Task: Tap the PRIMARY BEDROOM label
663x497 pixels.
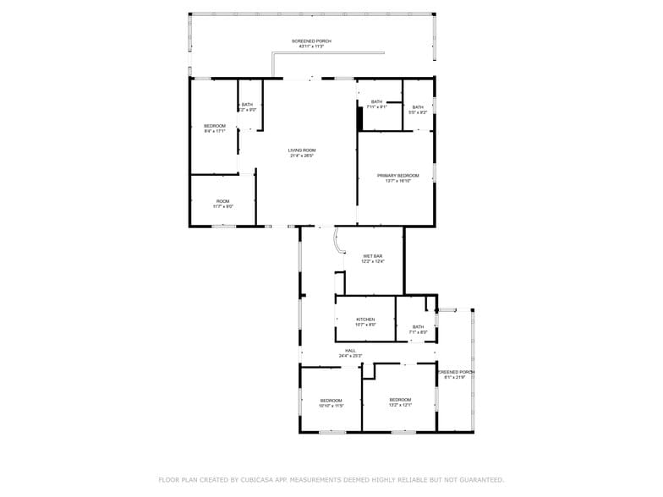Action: (x=397, y=176)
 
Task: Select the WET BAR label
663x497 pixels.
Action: (x=373, y=256)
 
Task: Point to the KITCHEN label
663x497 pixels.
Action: (x=365, y=319)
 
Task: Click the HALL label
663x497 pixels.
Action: (x=350, y=351)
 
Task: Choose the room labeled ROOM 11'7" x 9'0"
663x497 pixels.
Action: (x=222, y=201)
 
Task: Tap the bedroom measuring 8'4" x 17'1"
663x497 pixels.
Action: (x=214, y=126)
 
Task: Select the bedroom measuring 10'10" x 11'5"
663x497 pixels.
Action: (x=331, y=401)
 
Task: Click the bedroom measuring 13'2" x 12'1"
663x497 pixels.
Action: (x=400, y=400)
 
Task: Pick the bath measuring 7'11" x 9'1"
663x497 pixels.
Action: (x=376, y=102)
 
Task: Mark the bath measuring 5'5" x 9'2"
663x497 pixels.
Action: (x=418, y=107)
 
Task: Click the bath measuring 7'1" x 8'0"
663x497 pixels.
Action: (x=418, y=327)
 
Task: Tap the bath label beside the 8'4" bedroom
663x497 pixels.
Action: (x=247, y=105)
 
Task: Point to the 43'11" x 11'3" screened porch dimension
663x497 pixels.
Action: (x=311, y=46)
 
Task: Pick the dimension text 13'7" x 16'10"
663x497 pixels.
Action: (x=397, y=181)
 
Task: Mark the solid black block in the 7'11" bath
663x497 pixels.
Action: (x=359, y=118)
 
